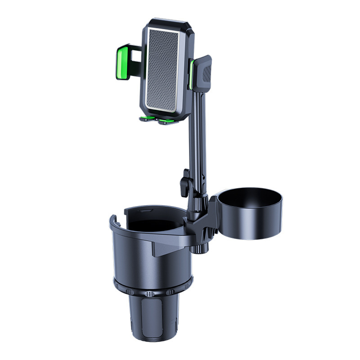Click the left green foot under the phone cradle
point(146,119)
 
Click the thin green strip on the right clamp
point(192,74)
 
